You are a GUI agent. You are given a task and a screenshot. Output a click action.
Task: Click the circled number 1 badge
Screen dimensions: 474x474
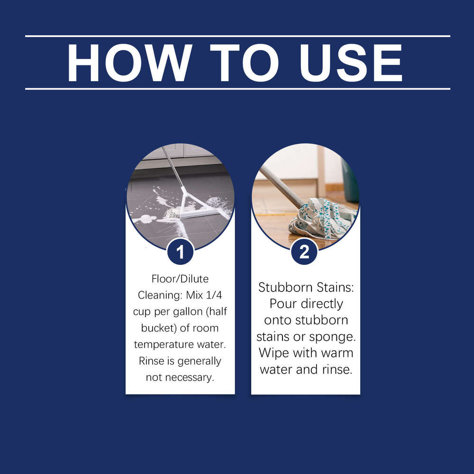180,252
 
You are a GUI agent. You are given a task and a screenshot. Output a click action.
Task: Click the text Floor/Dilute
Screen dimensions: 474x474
180,278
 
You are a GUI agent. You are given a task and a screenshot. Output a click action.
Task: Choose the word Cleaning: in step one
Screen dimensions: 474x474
158,295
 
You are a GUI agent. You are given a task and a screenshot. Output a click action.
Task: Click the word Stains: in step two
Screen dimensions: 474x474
334,287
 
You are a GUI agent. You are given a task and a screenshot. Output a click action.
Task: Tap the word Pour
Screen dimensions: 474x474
283,303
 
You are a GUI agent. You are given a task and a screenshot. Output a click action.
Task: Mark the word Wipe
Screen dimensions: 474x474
273,353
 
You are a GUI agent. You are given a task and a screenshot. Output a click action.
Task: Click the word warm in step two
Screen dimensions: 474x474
337,353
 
